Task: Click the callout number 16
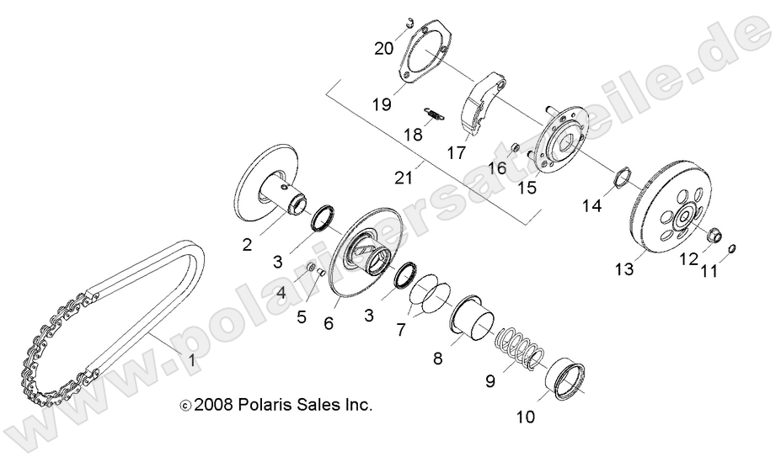click(497, 168)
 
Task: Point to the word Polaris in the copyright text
click(270, 406)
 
